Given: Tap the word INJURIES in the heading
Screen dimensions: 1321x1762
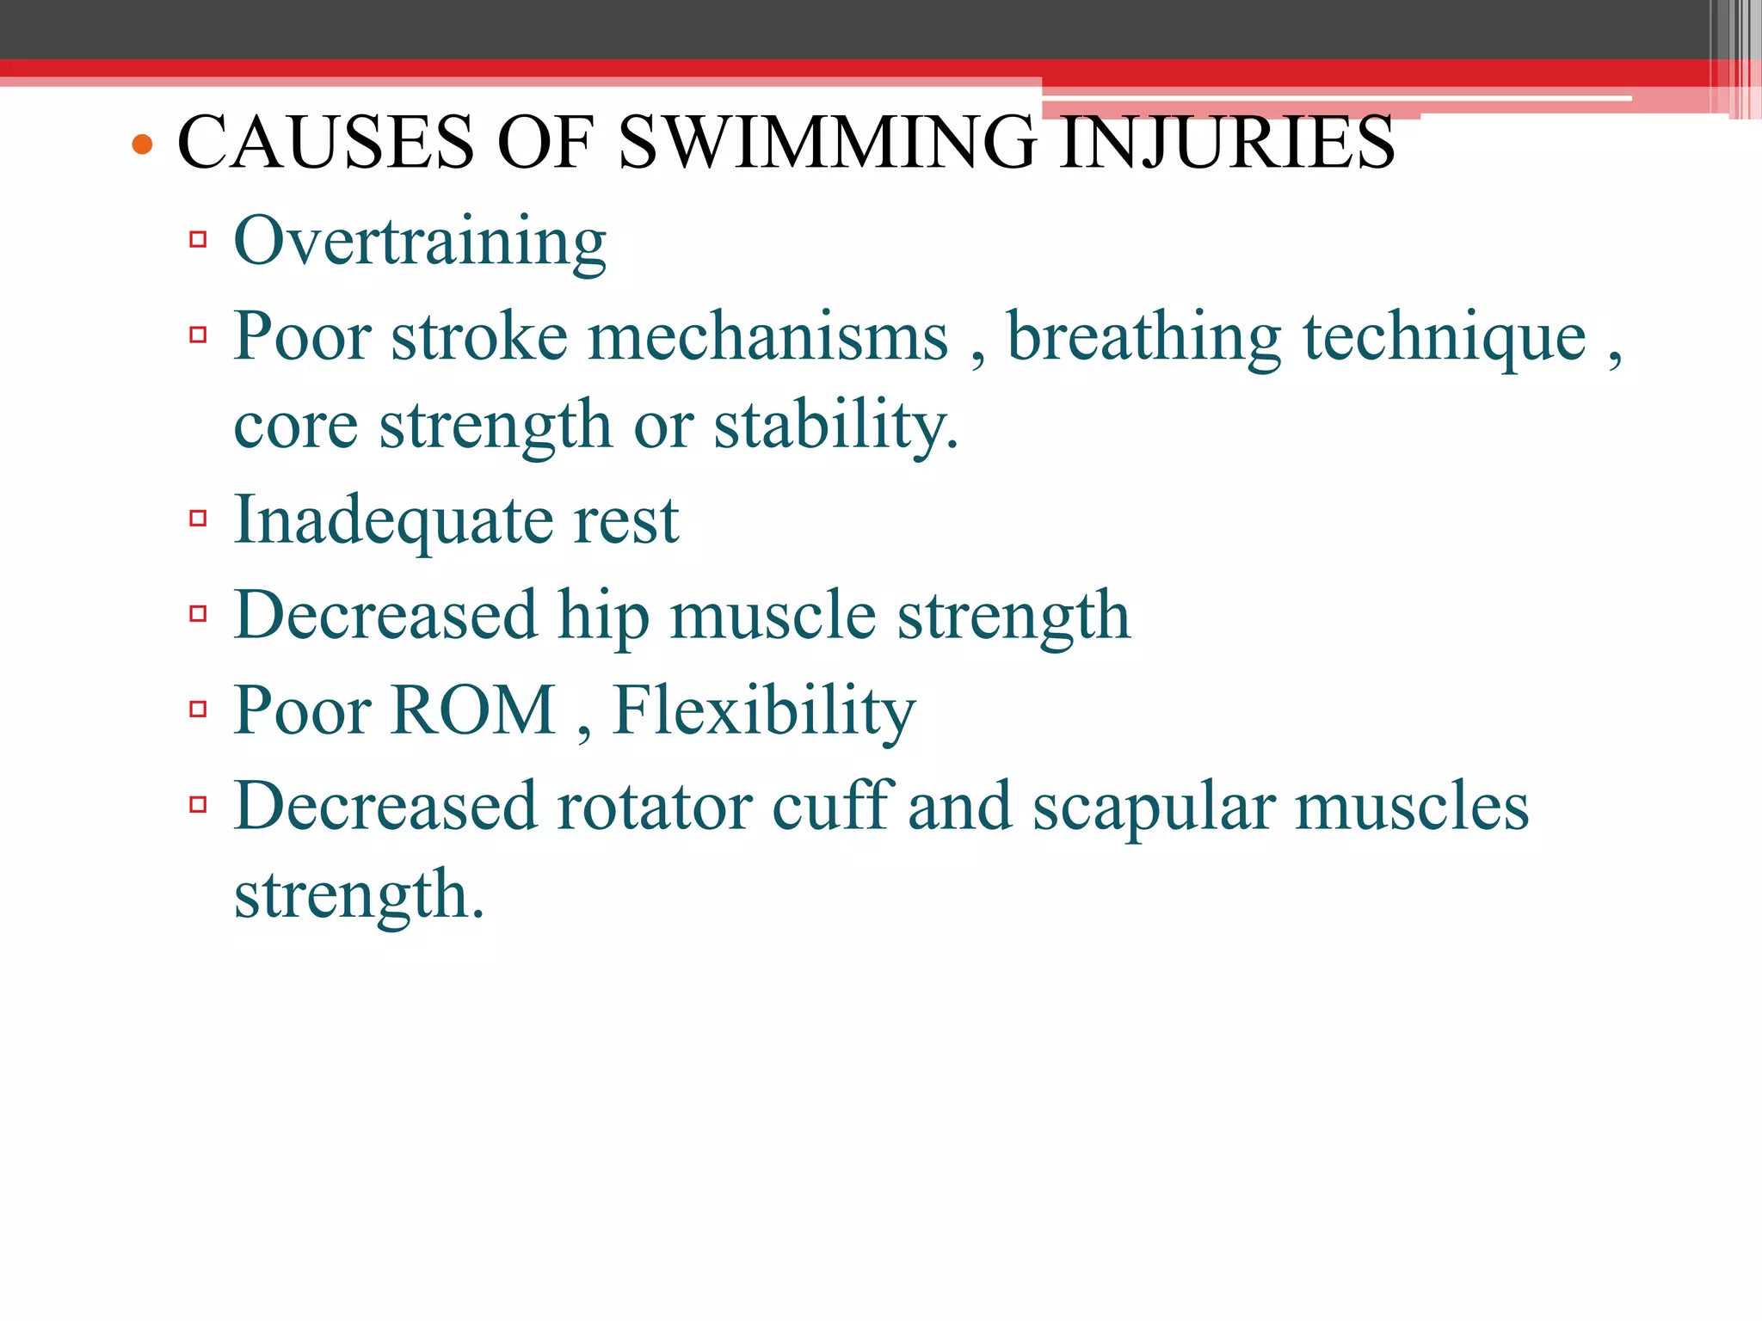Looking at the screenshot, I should tap(1228, 142).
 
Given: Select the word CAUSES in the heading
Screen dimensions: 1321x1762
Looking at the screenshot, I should tap(325, 142).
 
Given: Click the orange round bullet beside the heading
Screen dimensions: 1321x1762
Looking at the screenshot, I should tap(143, 144).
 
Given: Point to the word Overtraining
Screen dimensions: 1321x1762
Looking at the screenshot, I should tap(420, 242).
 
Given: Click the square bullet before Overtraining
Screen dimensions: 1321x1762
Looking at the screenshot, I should tap(199, 239).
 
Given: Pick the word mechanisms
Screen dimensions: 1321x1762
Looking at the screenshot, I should tap(767, 336).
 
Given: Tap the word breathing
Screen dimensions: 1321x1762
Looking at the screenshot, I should tap(1144, 336).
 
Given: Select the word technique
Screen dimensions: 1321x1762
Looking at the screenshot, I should tap(1445, 336).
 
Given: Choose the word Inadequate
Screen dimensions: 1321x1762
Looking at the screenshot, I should tap(393, 521).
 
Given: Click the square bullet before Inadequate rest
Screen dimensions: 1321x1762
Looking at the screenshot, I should tap(199, 518).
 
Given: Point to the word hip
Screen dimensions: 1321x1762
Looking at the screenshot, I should tap(602, 617).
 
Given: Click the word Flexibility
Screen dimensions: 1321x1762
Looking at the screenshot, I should tap(764, 712).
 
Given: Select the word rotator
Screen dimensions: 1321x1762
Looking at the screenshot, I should tap(654, 807).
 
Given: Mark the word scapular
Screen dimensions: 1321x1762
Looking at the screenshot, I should tap(1154, 808).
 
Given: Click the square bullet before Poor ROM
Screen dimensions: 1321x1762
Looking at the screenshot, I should tap(199, 710).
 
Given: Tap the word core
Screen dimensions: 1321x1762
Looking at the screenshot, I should tap(295, 427).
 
